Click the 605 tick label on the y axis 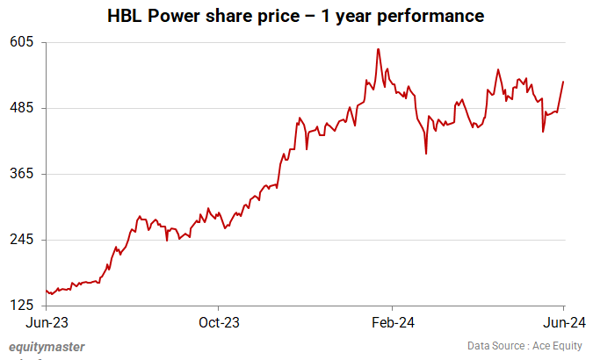pyautogui.click(x=21, y=42)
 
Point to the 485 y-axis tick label pyautogui.click(x=21, y=108)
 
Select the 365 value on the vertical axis pyautogui.click(x=21, y=174)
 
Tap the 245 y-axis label pyautogui.click(x=21, y=240)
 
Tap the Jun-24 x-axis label pyautogui.click(x=563, y=321)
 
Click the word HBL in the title pyautogui.click(x=125, y=16)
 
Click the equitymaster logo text pyautogui.click(x=47, y=347)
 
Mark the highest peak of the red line pyautogui.click(x=378, y=49)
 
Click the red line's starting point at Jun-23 pyautogui.click(x=46, y=291)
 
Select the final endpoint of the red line pyautogui.click(x=563, y=82)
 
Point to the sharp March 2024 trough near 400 pyautogui.click(x=426, y=154)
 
